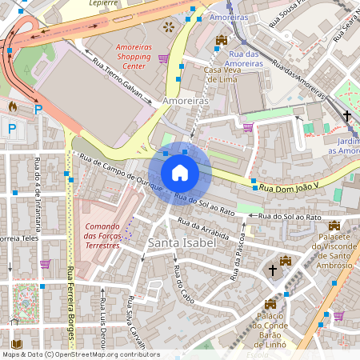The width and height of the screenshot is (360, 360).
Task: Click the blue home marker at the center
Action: tap(180, 172)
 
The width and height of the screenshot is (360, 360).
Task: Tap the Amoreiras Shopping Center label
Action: tap(134, 52)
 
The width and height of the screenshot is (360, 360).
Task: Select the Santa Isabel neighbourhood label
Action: tap(182, 241)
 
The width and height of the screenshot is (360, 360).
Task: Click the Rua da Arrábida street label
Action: tap(203, 230)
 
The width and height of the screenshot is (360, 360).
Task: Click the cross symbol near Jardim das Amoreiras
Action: tap(347, 117)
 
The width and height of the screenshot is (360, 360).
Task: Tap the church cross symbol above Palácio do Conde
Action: tap(273, 271)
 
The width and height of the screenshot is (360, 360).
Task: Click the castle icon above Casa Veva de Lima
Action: tap(222, 40)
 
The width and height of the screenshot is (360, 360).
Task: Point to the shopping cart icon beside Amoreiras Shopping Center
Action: tap(163, 58)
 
